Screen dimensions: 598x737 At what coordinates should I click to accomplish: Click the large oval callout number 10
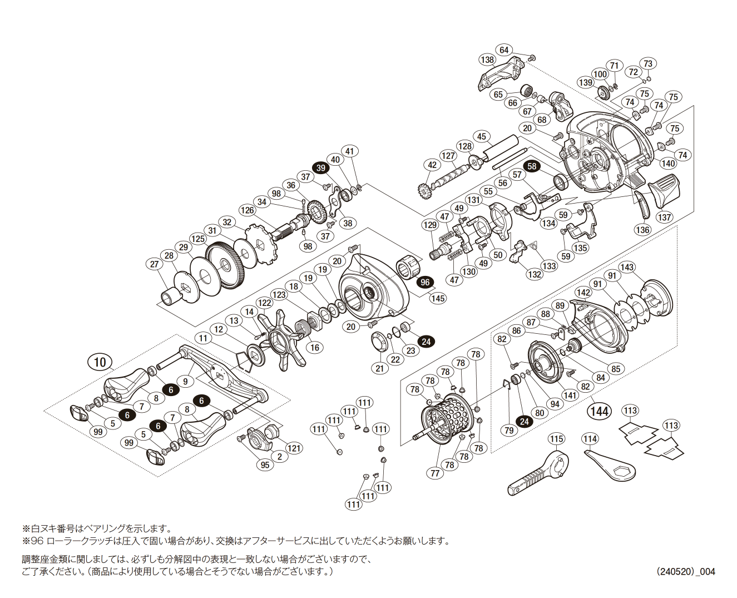pos(100,363)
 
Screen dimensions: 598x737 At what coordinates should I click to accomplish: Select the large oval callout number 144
pos(599,411)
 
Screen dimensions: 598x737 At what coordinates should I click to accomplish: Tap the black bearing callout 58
pos(532,166)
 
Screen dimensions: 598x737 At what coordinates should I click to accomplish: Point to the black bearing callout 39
pos(320,168)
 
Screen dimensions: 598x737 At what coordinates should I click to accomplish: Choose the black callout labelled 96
pos(426,282)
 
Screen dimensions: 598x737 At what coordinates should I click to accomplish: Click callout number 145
pos(438,298)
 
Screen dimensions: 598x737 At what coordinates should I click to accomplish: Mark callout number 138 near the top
pos(487,60)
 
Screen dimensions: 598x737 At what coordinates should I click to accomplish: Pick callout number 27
pos(155,264)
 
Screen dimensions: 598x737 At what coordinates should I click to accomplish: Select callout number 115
pos(556,439)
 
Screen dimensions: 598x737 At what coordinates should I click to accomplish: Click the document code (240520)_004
pos(685,571)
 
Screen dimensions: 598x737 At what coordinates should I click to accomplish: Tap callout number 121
pos(294,448)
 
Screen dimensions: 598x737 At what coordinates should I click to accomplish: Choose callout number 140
pos(667,163)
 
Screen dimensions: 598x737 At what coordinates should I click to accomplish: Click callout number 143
pos(627,267)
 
